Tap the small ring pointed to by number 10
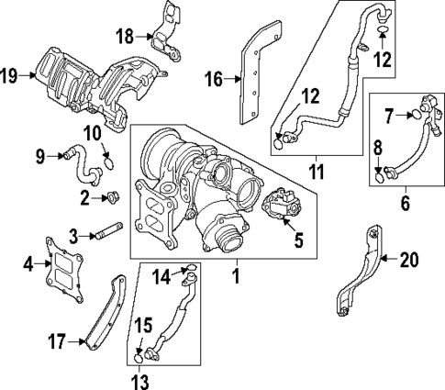pos(108,166)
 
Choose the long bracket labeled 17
pos(101,312)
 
